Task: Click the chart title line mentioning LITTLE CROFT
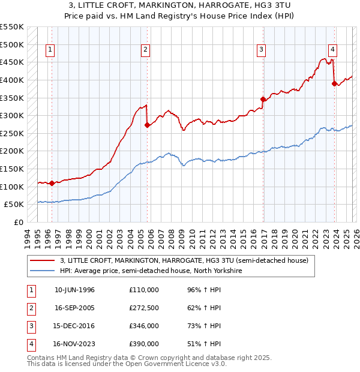click(x=180, y=5)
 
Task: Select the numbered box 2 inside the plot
click(x=145, y=50)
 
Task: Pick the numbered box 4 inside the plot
click(x=332, y=50)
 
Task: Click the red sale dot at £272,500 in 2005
click(x=148, y=125)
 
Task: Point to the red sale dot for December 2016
click(x=263, y=99)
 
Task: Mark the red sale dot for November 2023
click(x=334, y=83)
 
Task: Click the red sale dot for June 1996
click(x=52, y=183)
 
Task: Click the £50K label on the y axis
click(x=14, y=205)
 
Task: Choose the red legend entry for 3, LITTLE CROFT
click(x=184, y=260)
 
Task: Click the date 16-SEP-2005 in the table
click(x=74, y=308)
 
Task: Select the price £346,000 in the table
click(x=144, y=326)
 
